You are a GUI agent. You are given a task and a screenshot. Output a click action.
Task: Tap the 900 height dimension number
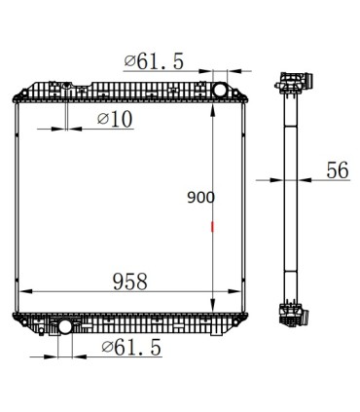(200, 197)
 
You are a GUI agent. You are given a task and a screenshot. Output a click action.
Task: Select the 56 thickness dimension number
(337, 169)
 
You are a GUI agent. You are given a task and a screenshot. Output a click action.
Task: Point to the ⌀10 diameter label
(115, 119)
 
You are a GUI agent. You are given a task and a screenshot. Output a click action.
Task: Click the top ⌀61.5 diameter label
(154, 61)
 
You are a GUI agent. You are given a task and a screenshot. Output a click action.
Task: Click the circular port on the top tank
(220, 91)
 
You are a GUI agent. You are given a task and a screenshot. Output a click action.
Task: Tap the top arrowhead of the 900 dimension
(212, 106)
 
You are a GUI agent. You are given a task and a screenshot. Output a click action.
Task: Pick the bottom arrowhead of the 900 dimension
(212, 304)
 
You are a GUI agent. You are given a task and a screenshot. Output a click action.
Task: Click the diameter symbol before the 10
(102, 119)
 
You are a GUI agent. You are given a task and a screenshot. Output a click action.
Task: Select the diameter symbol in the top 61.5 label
(129, 61)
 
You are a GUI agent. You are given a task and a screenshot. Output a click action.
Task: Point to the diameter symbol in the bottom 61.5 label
(106, 348)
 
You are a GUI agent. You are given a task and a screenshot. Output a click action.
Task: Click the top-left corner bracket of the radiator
(18, 94)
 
